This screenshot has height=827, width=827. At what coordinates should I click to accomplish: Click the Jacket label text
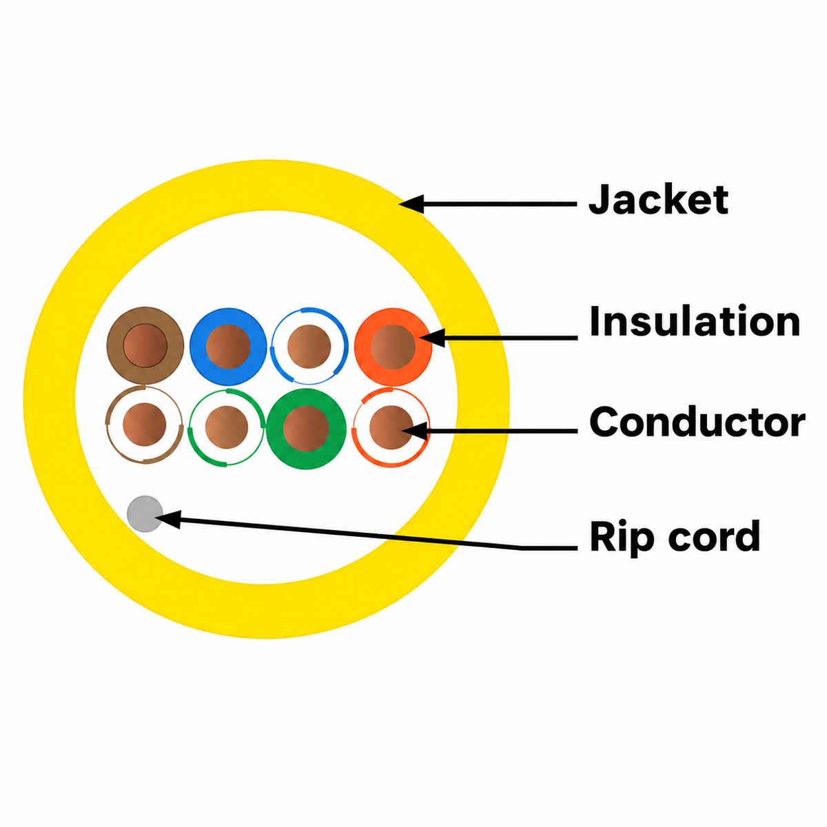point(658,200)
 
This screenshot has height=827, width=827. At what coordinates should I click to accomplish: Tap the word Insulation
point(695,320)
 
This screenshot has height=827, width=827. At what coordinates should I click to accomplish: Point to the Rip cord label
point(675,536)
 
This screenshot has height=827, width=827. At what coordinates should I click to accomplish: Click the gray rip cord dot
point(145,513)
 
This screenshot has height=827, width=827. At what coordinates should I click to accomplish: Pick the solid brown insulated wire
point(145,345)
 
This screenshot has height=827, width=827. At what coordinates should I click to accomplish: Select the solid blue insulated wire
point(228,347)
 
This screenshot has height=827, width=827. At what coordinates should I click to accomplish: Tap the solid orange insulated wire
point(393,347)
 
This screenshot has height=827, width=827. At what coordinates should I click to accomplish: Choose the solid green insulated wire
point(306,428)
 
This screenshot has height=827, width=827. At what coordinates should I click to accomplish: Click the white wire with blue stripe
point(309,346)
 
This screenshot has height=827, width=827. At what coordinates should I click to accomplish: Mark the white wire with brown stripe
point(145,425)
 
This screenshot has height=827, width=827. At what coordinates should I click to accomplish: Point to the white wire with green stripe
point(227,427)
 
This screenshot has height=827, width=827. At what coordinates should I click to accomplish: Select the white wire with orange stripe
point(391,427)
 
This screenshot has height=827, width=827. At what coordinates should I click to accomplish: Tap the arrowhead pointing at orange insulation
point(432,338)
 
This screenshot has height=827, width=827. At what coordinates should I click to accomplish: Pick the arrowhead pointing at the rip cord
point(168,520)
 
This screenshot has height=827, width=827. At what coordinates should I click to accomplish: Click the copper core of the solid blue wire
point(228,347)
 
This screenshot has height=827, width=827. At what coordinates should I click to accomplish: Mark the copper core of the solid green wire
point(306,428)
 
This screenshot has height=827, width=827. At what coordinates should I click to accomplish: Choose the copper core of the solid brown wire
point(145,345)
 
